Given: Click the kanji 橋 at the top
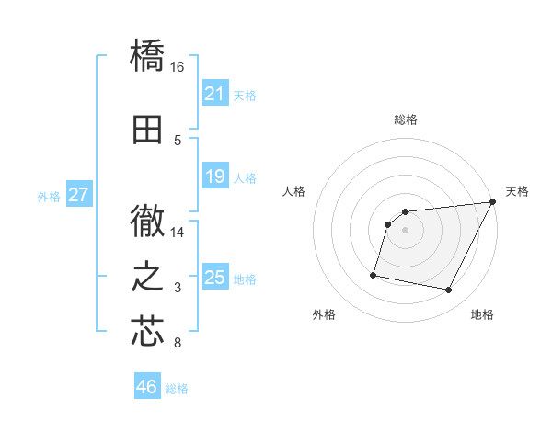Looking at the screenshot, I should coord(148,56).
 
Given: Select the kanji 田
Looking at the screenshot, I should coord(148,130).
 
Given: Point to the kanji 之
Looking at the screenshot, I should coord(148,277).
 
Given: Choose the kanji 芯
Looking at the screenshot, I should coord(148,332).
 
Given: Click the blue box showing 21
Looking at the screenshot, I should coord(214,94).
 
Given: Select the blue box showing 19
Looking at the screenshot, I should coord(214,176).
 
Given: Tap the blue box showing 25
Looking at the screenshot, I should coord(214,278).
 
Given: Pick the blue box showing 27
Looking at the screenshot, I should coord(78,195).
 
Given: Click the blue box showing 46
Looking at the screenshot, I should coord(147,387).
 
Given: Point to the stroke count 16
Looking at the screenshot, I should coord(178,67).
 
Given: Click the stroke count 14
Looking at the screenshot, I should coord(178,233).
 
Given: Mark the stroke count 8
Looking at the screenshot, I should coord(178,344).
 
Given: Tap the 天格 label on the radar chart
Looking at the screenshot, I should coord(517,191).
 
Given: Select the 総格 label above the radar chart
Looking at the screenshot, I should coord(406,119).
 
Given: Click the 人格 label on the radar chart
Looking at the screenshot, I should coord(294,191).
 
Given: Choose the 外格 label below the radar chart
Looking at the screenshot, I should coord(323,315).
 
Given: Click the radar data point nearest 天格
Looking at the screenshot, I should coord(493,202).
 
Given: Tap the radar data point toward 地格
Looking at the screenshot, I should coord(449,290).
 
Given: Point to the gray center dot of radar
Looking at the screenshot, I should coord(405,231).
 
